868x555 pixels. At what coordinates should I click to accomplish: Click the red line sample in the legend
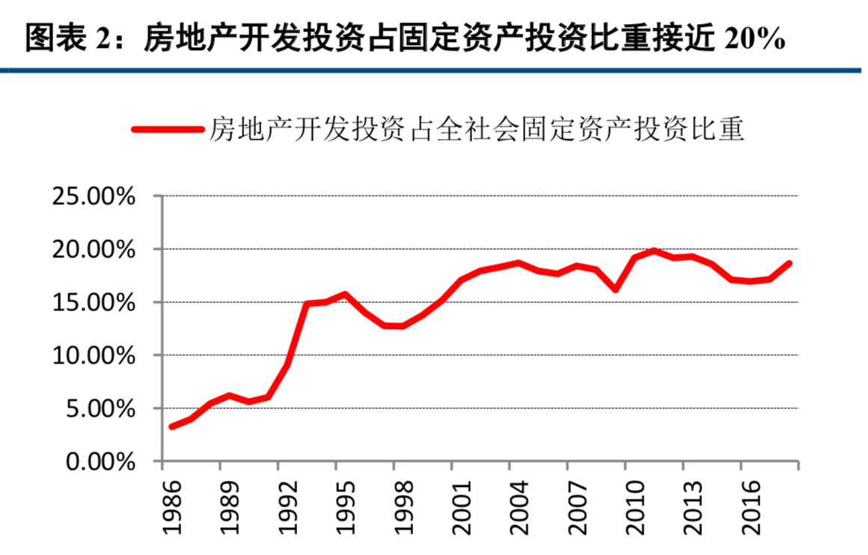pos(168,129)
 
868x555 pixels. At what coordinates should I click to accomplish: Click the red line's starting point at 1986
pos(172,426)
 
